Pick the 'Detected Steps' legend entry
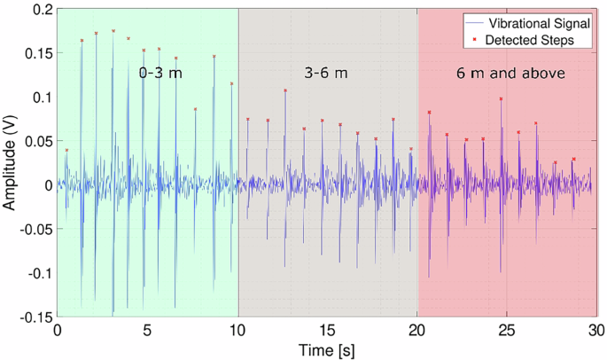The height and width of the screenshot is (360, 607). (x=531, y=40)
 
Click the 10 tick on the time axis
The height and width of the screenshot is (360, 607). (x=237, y=329)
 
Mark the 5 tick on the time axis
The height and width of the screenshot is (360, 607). (x=147, y=329)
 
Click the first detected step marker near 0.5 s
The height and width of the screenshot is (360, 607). (x=66, y=150)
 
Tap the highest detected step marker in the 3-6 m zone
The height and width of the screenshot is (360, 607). (x=285, y=90)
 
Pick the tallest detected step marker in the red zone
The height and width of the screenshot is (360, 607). (x=502, y=99)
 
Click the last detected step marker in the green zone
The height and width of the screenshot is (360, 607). (x=232, y=84)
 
